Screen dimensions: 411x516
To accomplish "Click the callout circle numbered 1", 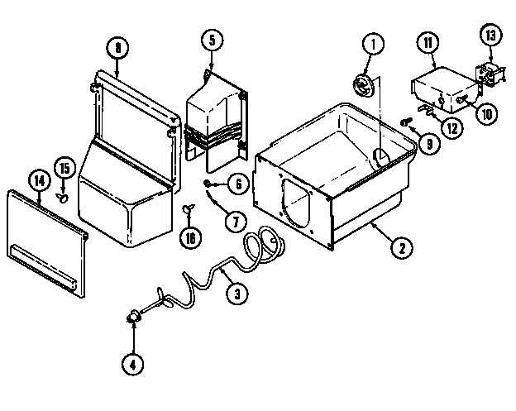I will [372, 45].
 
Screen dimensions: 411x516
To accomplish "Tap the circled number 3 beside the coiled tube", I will [236, 291].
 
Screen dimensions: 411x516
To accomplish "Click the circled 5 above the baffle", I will [211, 38].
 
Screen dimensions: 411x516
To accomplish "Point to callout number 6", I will [236, 184].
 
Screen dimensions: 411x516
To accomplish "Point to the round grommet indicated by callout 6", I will [209, 183].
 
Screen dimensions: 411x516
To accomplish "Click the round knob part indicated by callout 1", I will [361, 83].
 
